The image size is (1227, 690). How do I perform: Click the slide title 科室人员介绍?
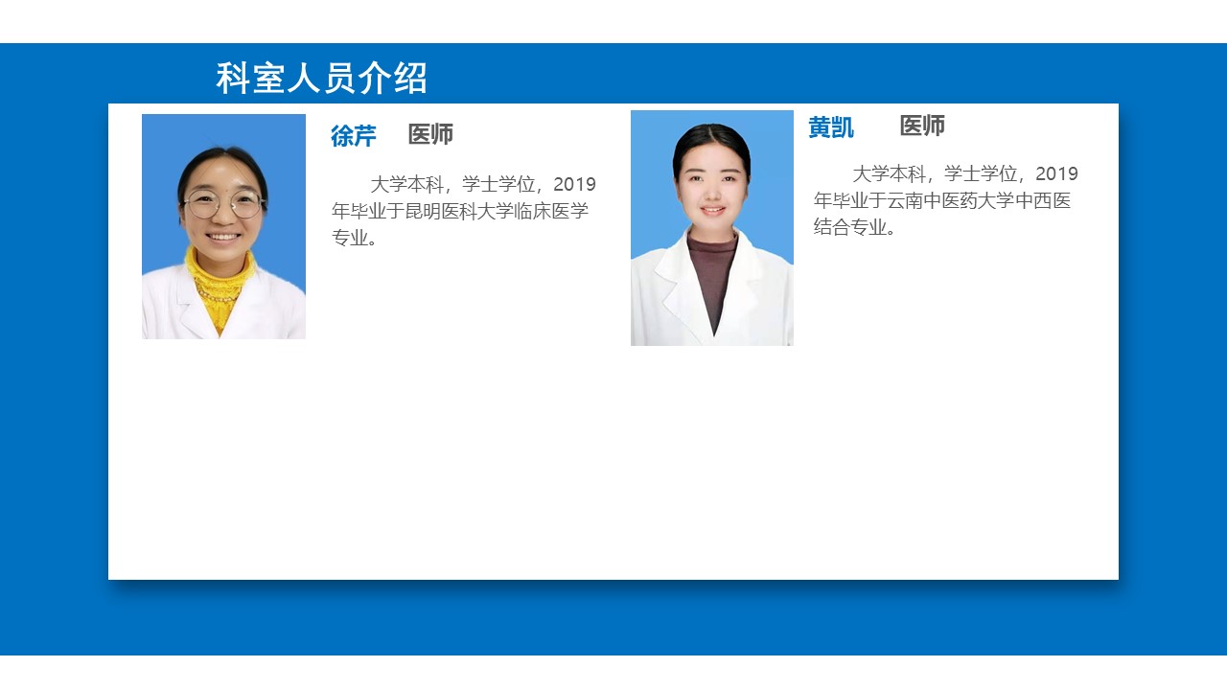(x=321, y=79)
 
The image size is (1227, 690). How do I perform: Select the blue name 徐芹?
(x=354, y=136)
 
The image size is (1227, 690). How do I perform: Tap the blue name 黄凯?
(x=831, y=127)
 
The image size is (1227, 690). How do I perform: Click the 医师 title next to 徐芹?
(x=430, y=134)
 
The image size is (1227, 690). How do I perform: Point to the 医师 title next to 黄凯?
(x=922, y=126)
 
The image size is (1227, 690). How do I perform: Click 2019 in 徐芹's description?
(x=574, y=185)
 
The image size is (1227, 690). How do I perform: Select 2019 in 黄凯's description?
(x=1056, y=173)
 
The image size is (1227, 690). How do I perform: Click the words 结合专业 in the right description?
(x=849, y=227)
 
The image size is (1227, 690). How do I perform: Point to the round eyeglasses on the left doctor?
(x=222, y=204)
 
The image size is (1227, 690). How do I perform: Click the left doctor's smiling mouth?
(x=223, y=237)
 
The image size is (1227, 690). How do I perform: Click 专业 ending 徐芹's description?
(x=350, y=238)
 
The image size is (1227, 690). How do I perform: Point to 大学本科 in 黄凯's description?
(x=889, y=173)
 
